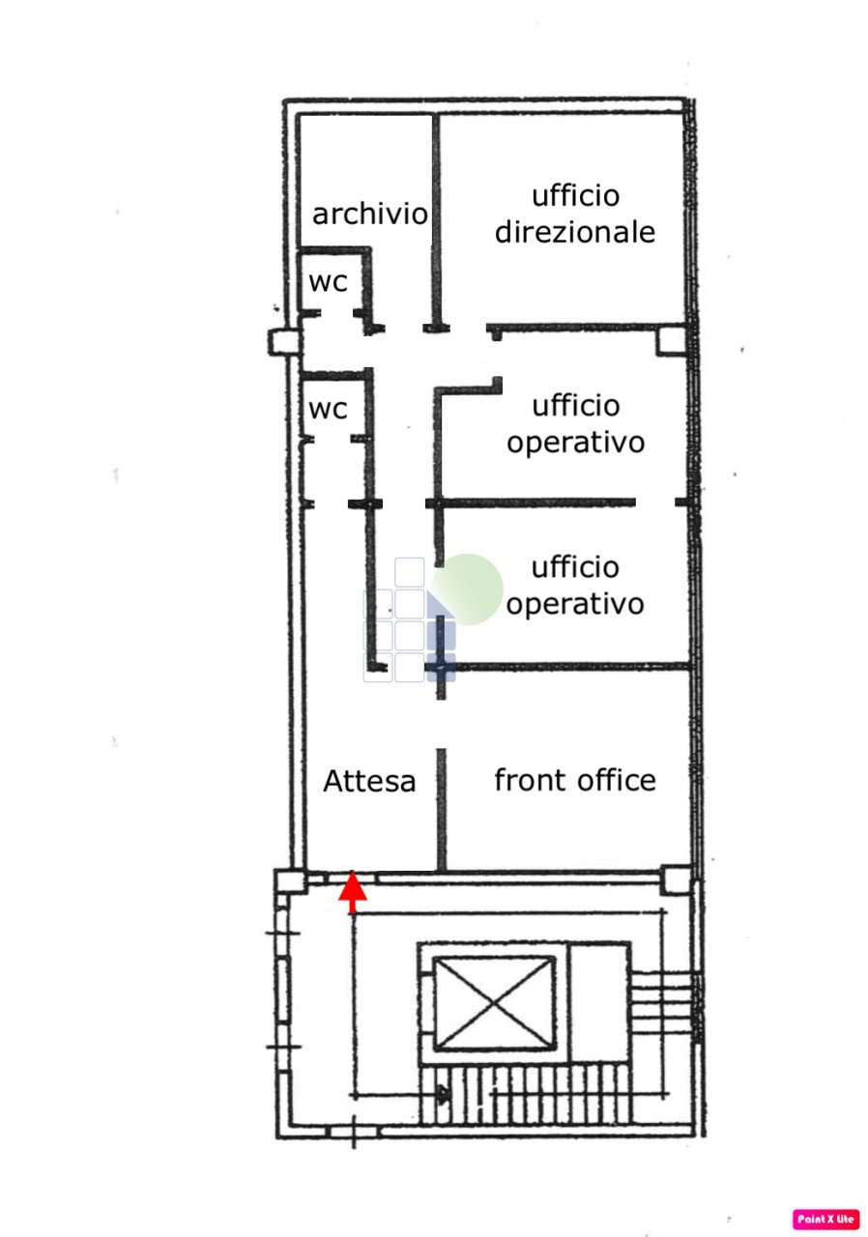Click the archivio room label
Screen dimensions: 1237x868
[x=369, y=214]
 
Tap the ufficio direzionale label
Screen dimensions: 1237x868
[x=575, y=214]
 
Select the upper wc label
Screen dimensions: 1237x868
[x=328, y=283]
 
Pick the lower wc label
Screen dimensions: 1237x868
[x=328, y=409]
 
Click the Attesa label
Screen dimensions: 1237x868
[x=369, y=781]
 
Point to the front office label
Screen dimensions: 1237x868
[x=575, y=779]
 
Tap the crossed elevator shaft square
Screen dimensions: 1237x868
[x=494, y=1003]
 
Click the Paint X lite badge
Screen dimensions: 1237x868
[x=826, y=1219]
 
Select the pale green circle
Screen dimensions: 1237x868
[x=469, y=589]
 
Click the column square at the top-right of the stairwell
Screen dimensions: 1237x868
[x=677, y=880]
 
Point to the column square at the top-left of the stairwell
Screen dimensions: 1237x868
[x=288, y=881]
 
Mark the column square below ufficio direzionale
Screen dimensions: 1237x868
[x=670, y=340]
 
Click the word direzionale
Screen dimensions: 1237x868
[x=575, y=232]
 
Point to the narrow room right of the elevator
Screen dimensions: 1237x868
[x=598, y=1003]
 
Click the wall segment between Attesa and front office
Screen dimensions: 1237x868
[x=442, y=810]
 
